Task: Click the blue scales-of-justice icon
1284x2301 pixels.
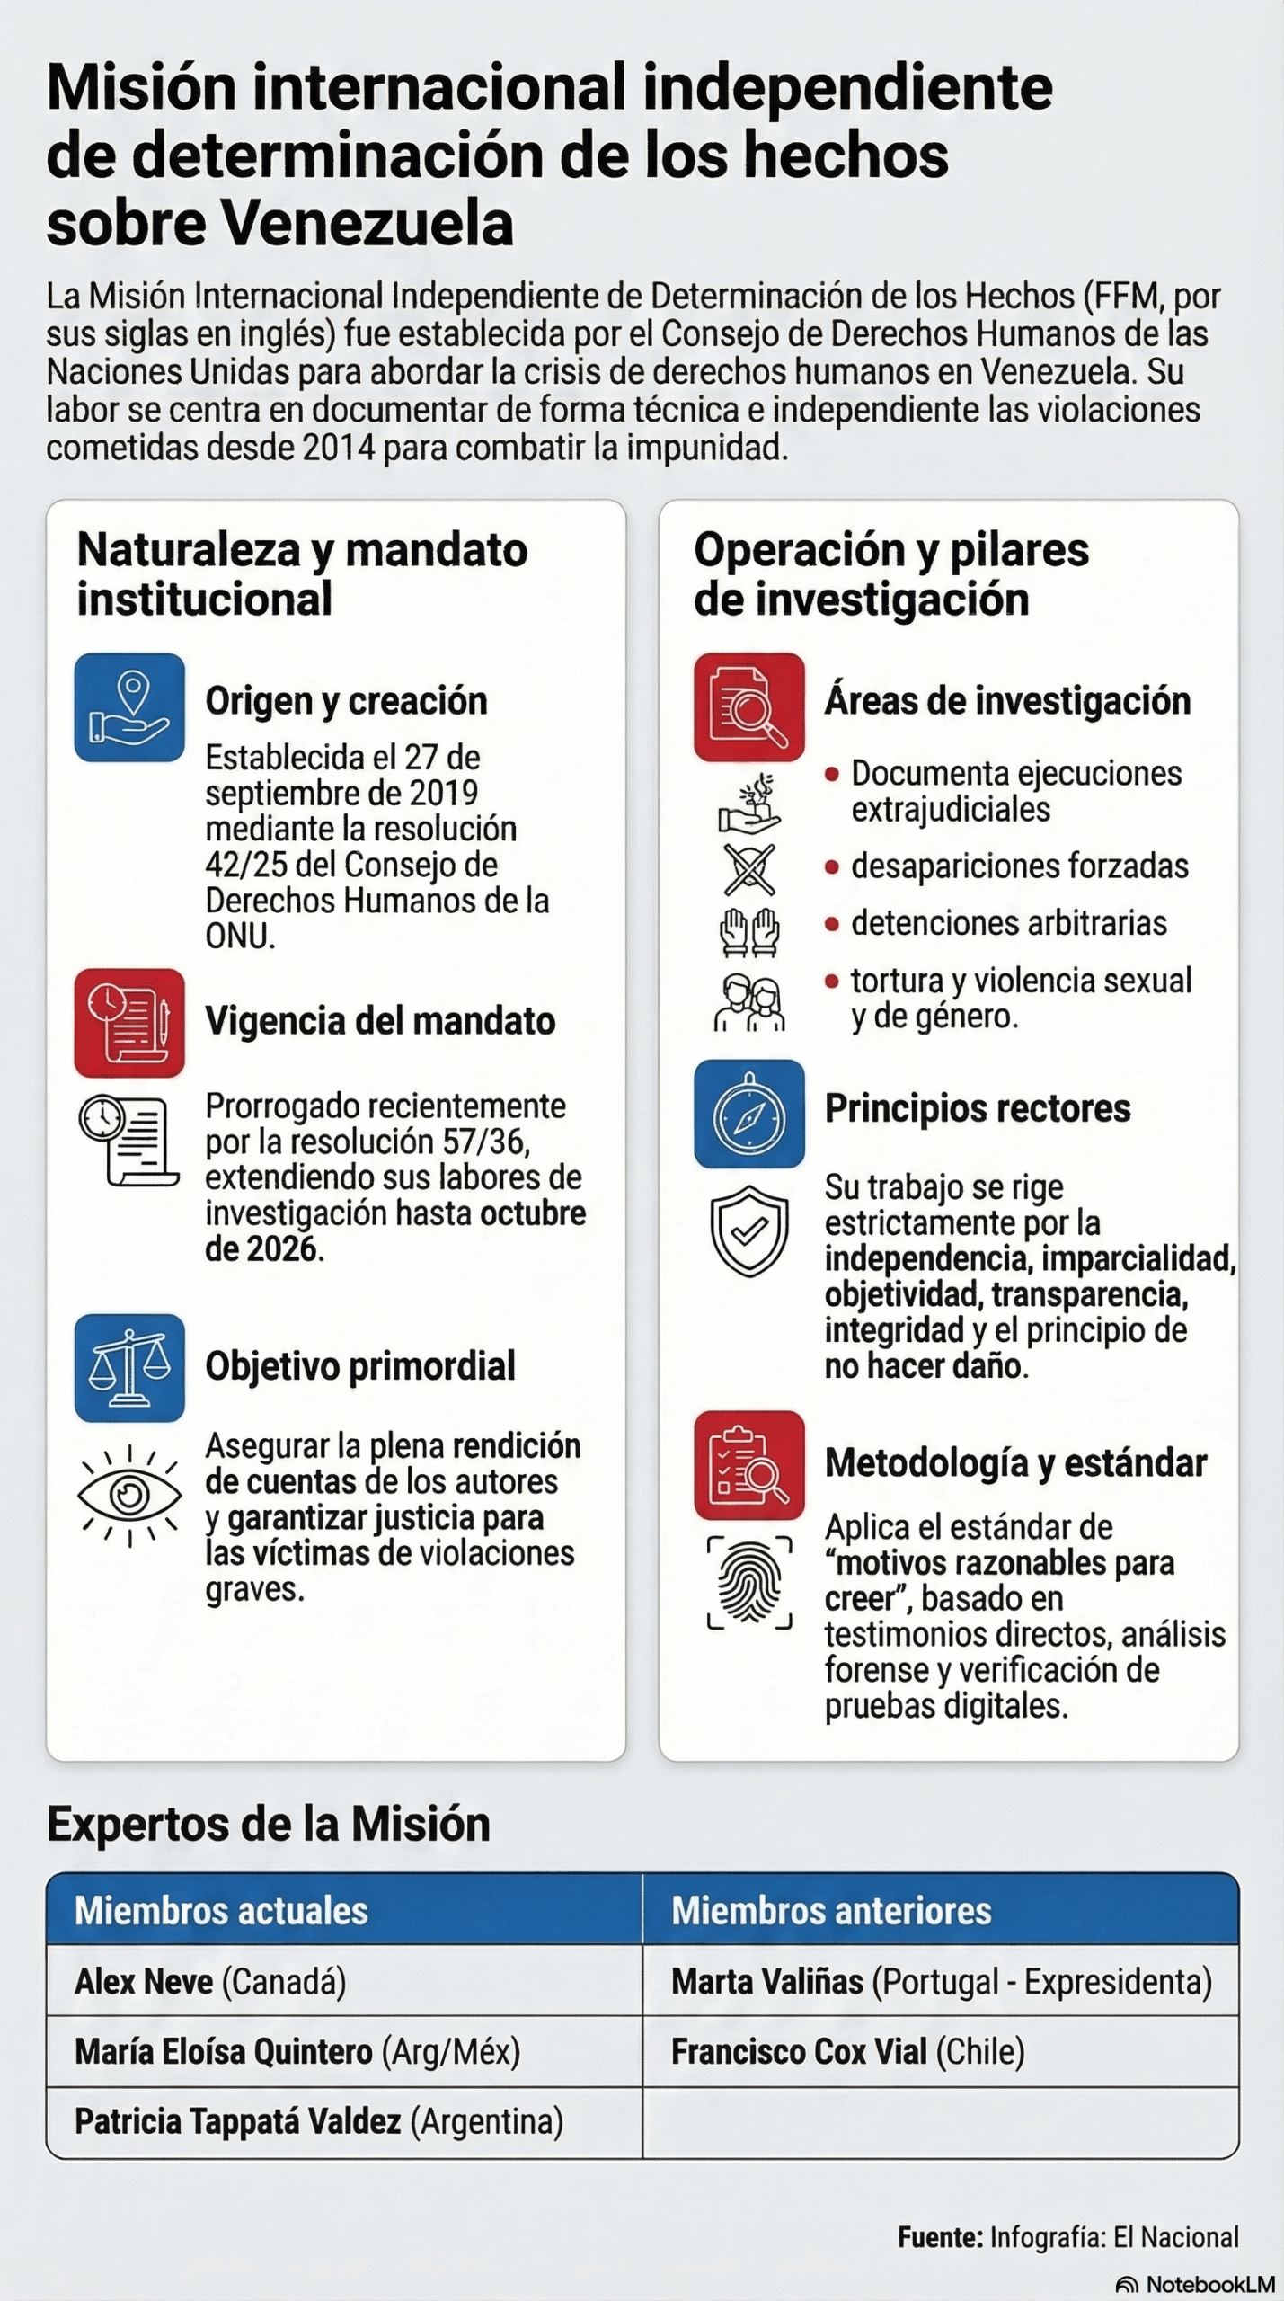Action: (129, 1367)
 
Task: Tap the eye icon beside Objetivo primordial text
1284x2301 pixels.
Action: (129, 1495)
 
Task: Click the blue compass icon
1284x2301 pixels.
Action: (748, 1114)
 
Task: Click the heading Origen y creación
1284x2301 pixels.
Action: (346, 701)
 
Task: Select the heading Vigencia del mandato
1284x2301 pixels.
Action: (380, 1021)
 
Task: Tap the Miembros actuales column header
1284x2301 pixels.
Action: (221, 1910)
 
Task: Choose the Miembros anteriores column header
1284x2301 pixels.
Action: (831, 1910)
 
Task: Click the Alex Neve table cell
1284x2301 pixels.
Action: (210, 1981)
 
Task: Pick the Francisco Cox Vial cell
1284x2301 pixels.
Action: (847, 2051)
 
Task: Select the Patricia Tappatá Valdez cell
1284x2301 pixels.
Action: (318, 2121)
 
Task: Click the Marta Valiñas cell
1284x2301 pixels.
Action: (941, 1981)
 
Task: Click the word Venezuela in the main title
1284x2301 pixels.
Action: (368, 223)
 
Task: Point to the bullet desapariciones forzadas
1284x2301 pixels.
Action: (1019, 866)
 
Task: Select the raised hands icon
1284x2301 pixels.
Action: (749, 931)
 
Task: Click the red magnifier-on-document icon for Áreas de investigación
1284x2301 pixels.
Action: (748, 707)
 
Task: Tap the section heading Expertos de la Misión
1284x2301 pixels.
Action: (269, 1824)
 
